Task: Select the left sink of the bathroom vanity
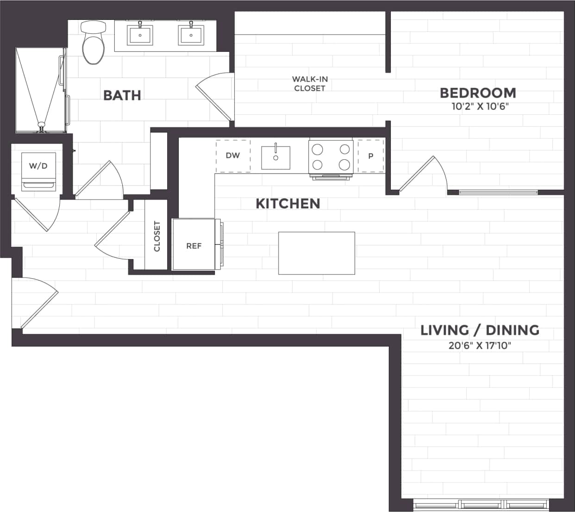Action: click(140, 35)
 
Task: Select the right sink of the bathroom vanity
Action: click(191, 35)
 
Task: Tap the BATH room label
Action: click(122, 95)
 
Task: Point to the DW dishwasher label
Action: click(233, 156)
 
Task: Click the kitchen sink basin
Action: click(275, 157)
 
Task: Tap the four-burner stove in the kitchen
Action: click(331, 157)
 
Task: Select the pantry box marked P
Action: click(370, 156)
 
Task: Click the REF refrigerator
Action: click(194, 245)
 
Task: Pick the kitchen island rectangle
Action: click(316, 253)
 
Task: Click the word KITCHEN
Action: click(287, 204)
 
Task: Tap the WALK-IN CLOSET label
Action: click(310, 84)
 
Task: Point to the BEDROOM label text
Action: click(478, 93)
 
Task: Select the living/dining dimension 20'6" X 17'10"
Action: click(480, 345)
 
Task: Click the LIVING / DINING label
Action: click(480, 330)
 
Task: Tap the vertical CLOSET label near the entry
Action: click(156, 236)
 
